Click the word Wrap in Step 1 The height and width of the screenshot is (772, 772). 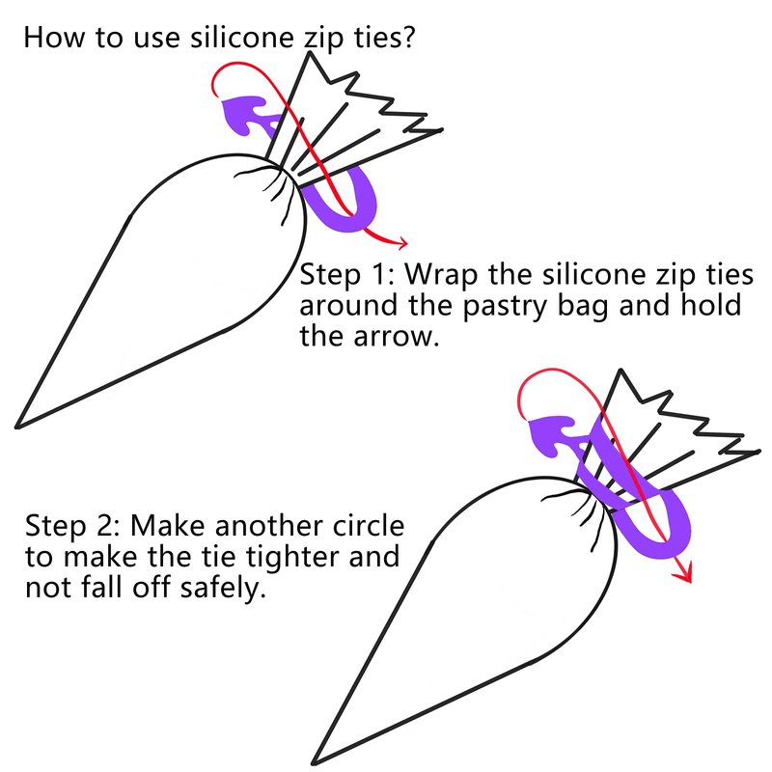click(x=441, y=275)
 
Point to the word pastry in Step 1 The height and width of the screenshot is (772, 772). click(x=505, y=306)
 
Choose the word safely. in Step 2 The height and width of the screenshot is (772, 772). click(x=223, y=588)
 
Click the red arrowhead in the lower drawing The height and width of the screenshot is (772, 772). click(x=684, y=572)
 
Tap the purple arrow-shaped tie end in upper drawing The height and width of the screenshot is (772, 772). click(x=245, y=114)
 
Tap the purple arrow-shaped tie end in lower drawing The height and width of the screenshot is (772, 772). click(x=550, y=435)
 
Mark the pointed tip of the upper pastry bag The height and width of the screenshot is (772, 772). click(x=17, y=427)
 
